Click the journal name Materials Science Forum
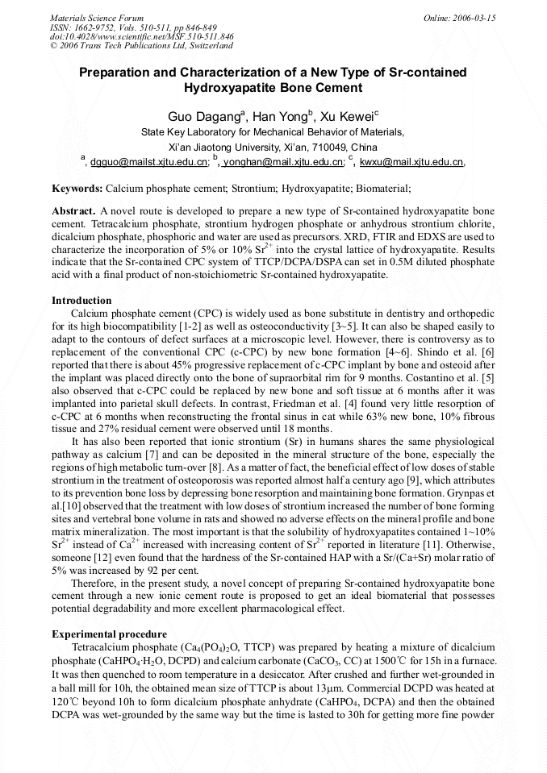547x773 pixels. (x=97, y=18)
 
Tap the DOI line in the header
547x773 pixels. (x=142, y=36)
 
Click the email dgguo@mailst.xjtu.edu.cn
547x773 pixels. (x=148, y=162)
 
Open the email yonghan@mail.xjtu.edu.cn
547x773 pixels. (x=282, y=162)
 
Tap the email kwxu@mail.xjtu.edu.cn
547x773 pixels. (x=411, y=162)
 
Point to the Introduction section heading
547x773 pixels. (x=81, y=300)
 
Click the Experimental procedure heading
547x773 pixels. (x=109, y=634)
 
